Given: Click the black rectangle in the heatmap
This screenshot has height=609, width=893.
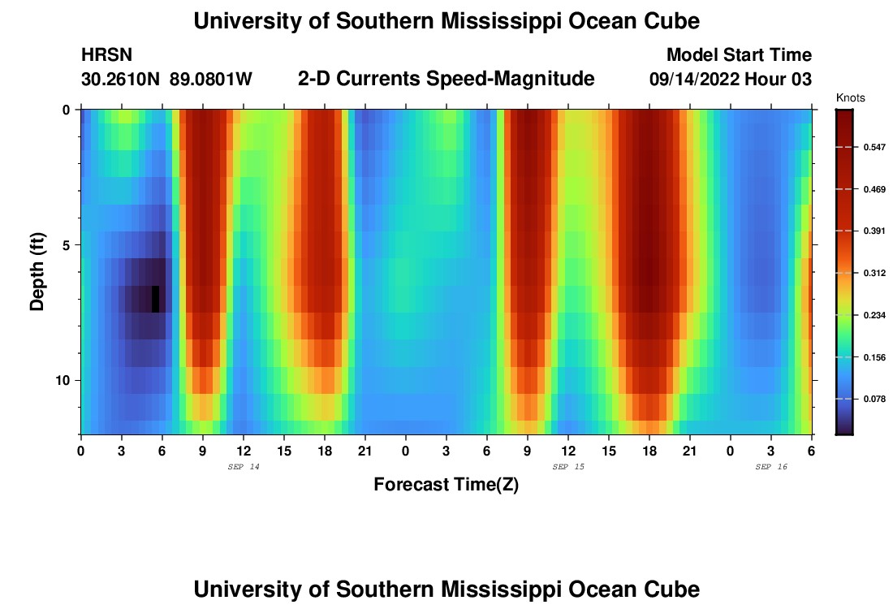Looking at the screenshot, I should (155, 299).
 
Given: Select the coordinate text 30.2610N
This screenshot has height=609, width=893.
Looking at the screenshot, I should (121, 79).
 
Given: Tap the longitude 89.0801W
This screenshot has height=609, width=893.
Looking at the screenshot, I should (211, 79).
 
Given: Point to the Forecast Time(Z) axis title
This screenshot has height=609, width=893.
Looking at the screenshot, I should (446, 485).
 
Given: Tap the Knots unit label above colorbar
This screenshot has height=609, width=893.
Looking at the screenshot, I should (850, 98).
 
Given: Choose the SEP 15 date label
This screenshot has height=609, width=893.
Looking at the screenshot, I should (567, 467).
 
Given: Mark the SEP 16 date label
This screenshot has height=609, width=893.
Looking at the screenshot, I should (770, 467).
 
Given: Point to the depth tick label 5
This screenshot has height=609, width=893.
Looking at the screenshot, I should (67, 244).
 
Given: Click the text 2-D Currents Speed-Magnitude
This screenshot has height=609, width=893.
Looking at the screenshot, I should (446, 79).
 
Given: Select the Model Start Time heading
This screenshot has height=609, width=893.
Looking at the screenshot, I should (739, 55).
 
